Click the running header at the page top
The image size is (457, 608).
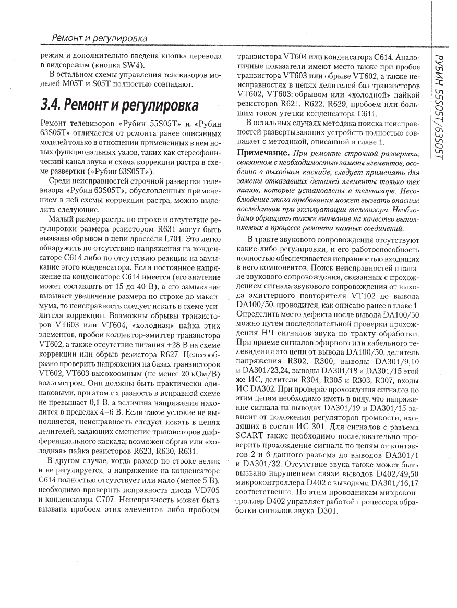pos(99,39)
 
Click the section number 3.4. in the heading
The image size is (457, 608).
pos(55,105)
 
